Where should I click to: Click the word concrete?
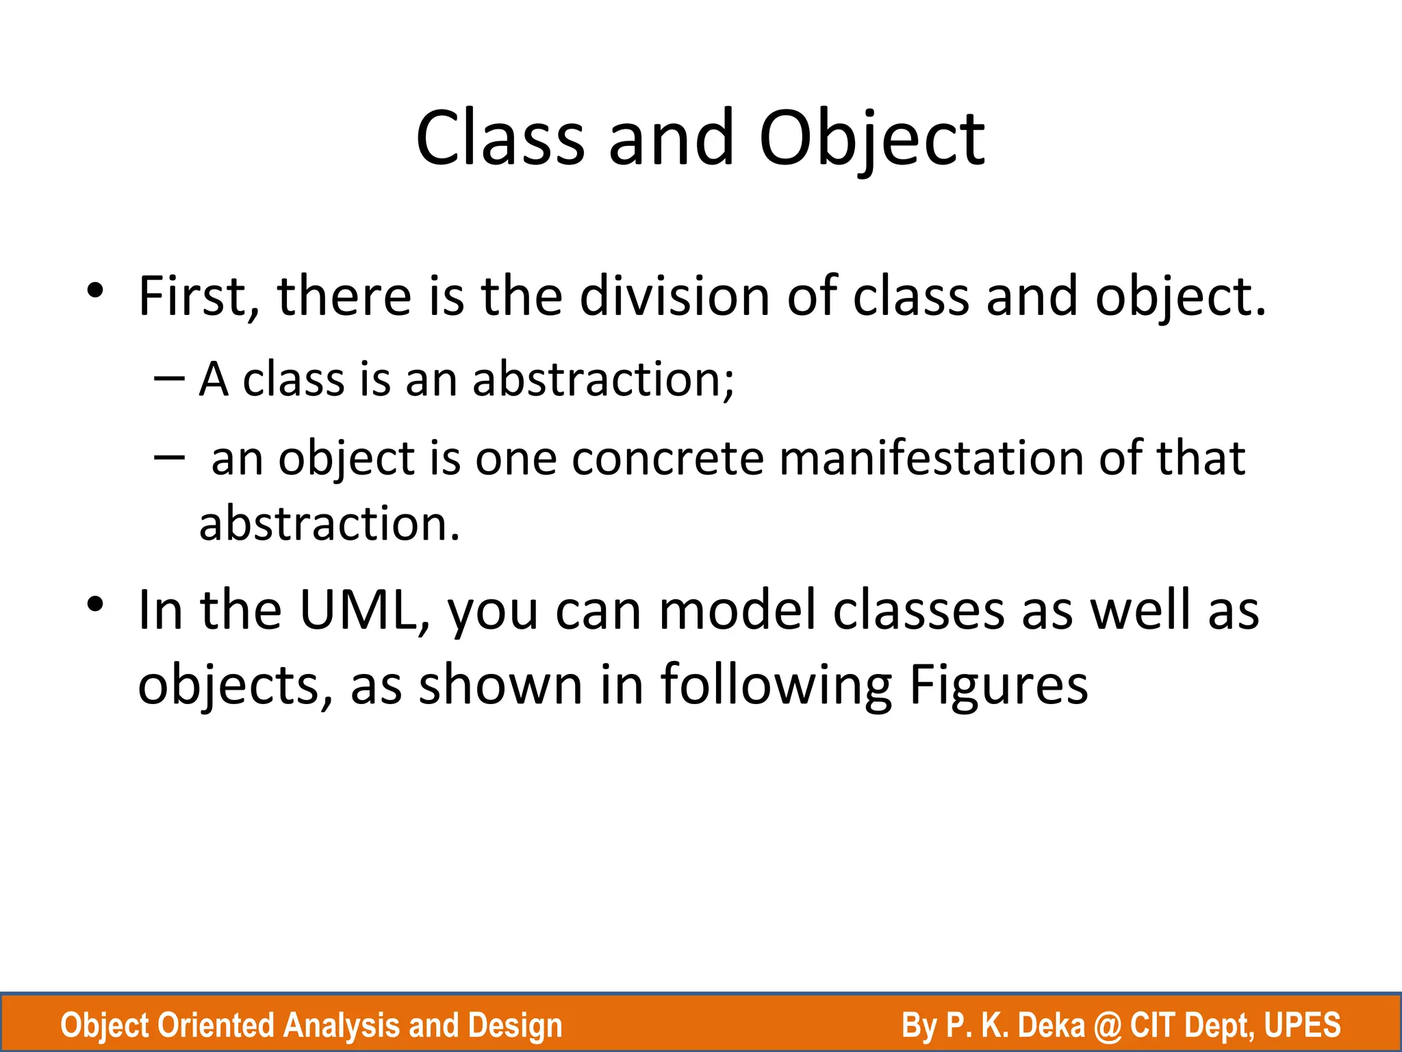[667, 458]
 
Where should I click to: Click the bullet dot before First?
[95, 292]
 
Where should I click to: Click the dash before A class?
[169, 379]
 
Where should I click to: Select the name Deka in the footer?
[1051, 1025]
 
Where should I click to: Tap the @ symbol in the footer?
[1108, 1025]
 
